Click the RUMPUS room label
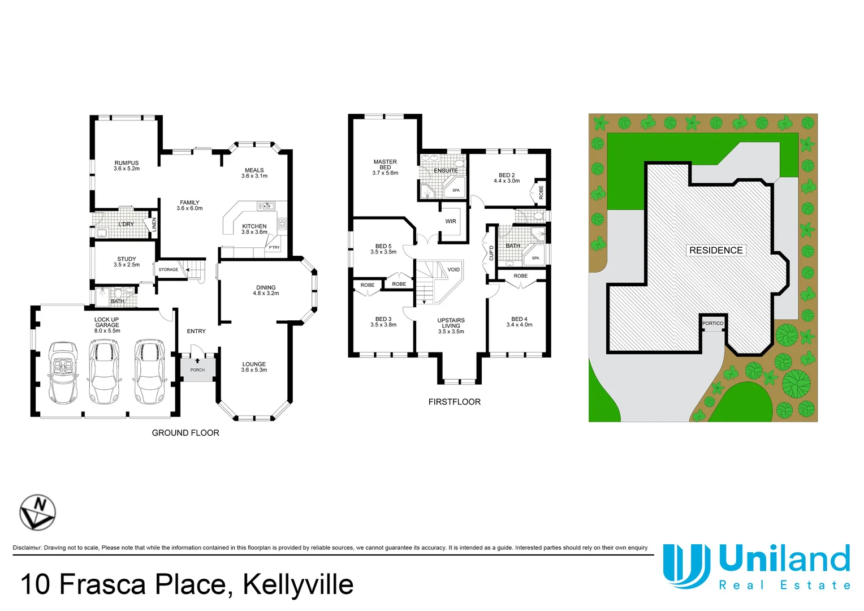pyautogui.click(x=126, y=163)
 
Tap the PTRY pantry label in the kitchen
pyautogui.click(x=274, y=247)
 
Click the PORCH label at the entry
pyautogui.click(x=197, y=370)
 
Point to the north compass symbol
pyautogui.click(x=37, y=512)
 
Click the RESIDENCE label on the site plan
pyautogui.click(x=716, y=250)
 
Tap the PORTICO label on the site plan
pyautogui.click(x=712, y=324)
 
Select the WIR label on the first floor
pyautogui.click(x=451, y=221)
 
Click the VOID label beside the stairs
pyautogui.click(x=453, y=269)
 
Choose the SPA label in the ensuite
pyautogui.click(x=456, y=190)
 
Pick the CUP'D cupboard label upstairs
pyautogui.click(x=491, y=253)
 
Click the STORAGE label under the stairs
pyautogui.click(x=169, y=270)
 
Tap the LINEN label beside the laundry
pyautogui.click(x=154, y=224)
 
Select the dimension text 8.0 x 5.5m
pyautogui.click(x=107, y=331)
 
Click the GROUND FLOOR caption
pyautogui.click(x=185, y=433)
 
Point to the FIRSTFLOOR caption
pyautogui.click(x=454, y=402)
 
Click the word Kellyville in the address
pyautogui.click(x=298, y=584)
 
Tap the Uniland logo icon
pyautogui.click(x=686, y=566)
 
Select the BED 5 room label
pyautogui.click(x=383, y=246)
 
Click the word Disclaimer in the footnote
pyautogui.click(x=27, y=548)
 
